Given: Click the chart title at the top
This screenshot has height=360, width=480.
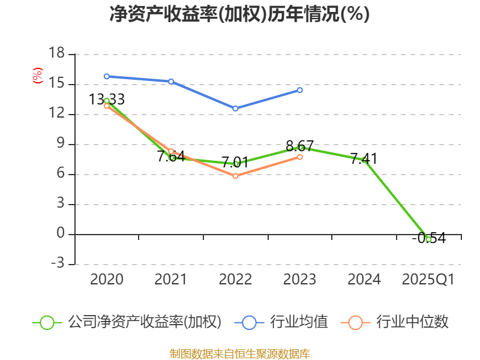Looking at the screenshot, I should click(239, 14).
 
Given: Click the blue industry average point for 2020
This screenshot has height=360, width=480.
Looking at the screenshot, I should click(107, 76).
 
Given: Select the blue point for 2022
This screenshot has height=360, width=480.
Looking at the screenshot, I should click(235, 109).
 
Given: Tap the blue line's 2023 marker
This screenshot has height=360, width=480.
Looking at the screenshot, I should click(300, 90).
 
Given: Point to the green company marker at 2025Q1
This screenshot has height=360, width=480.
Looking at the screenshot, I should click(428, 239).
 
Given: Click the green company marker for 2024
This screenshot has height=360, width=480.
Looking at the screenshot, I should click(364, 160).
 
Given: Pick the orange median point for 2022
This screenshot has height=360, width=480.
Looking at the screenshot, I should click(235, 176).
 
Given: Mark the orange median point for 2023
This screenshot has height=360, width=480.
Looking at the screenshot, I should click(300, 157).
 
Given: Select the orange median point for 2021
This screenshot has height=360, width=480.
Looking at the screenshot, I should click(171, 151).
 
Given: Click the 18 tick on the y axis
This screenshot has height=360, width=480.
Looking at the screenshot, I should click(56, 54).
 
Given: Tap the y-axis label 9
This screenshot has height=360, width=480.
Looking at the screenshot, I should click(61, 144).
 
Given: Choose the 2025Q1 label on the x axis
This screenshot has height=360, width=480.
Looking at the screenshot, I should click(428, 280).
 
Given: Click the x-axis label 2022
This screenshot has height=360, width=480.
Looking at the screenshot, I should click(235, 280).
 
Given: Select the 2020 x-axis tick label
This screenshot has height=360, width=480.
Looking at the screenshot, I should click(107, 280).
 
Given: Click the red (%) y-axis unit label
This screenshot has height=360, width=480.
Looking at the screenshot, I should click(38, 76).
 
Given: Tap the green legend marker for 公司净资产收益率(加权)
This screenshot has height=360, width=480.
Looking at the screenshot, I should click(47, 322).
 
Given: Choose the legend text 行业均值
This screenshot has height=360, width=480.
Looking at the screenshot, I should click(299, 322).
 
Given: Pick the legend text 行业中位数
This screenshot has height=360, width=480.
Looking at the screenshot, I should click(412, 322).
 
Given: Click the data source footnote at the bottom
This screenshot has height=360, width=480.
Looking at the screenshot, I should click(239, 353).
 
